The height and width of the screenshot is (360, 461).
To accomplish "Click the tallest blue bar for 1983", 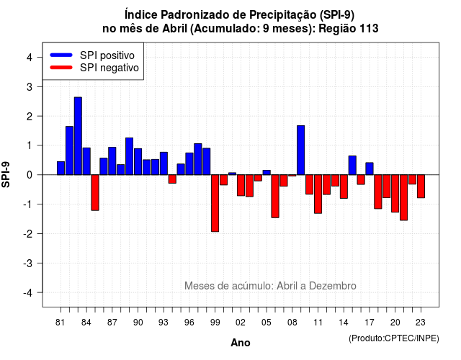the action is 78,136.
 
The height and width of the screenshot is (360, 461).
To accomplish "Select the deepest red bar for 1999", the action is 215,203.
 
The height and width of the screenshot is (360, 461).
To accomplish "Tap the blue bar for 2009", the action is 301,150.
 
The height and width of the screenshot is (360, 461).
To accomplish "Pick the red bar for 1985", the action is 95,192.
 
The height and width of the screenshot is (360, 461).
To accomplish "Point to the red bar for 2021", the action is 403,197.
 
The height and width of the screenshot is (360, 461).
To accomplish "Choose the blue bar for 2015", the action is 352,165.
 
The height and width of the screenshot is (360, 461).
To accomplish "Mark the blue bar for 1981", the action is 61,168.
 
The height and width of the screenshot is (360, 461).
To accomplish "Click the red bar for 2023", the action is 421,186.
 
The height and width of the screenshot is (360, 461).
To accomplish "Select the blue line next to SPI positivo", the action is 61,55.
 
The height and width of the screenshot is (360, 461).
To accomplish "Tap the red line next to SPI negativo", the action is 61,67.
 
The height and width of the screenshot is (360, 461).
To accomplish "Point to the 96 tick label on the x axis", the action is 189,323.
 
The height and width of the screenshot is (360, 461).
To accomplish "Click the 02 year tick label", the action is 241,323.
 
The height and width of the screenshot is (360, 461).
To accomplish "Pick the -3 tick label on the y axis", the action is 28,263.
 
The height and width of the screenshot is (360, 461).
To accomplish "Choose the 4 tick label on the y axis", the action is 30,58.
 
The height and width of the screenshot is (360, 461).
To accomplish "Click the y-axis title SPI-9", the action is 6,174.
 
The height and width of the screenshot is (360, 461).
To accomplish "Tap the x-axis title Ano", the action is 241,343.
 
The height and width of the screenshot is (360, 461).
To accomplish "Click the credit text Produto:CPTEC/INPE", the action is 394,338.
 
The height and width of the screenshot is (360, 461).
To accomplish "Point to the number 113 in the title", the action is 369,29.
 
